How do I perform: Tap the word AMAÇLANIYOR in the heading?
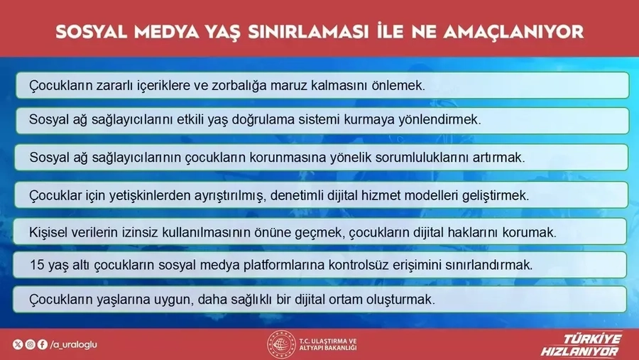click(513, 32)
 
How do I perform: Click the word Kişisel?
click(48, 232)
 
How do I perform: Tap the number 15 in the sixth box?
click(37, 266)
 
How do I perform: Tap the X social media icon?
click(18, 344)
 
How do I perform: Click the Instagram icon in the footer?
click(30, 344)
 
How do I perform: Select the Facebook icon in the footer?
click(43, 344)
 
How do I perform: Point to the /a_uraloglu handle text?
click(73, 345)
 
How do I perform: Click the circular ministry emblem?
click(281, 344)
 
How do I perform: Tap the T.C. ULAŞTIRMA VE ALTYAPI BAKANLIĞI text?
click(327, 344)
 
